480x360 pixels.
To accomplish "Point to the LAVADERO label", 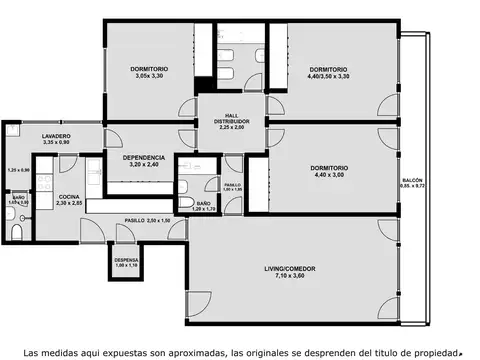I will pos(55,135).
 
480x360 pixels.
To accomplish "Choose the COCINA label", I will pos(69,196).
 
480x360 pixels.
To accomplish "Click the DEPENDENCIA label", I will pos(144,157).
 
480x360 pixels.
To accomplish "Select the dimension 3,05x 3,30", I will pos(149,75).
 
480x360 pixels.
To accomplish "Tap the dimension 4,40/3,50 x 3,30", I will pos(329,75).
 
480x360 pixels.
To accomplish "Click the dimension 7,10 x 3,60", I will pos(286,276).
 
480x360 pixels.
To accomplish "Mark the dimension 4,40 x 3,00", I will pos(329,175).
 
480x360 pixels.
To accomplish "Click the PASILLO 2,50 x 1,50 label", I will pos(147,219).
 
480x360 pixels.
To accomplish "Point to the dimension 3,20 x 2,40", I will pos(144,164).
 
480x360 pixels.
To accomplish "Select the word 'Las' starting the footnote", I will pos(32,351).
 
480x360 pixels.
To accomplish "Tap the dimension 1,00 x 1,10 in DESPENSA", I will pos(126,265).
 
